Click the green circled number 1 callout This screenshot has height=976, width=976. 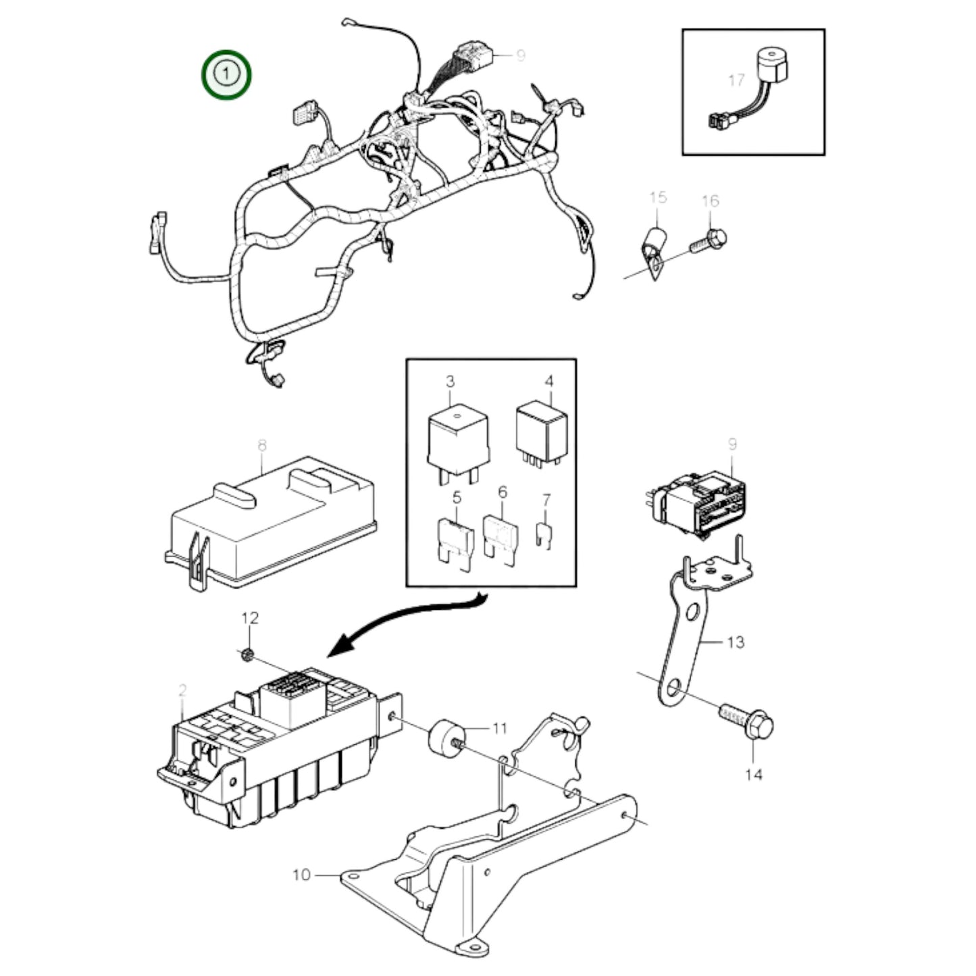click(x=226, y=73)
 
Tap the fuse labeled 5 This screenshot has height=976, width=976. click(x=456, y=538)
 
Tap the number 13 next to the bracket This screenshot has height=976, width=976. click(x=736, y=642)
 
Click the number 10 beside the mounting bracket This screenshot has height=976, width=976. click(x=301, y=875)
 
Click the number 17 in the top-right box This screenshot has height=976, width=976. click(x=736, y=80)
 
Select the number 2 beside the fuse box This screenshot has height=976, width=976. click(x=182, y=690)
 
